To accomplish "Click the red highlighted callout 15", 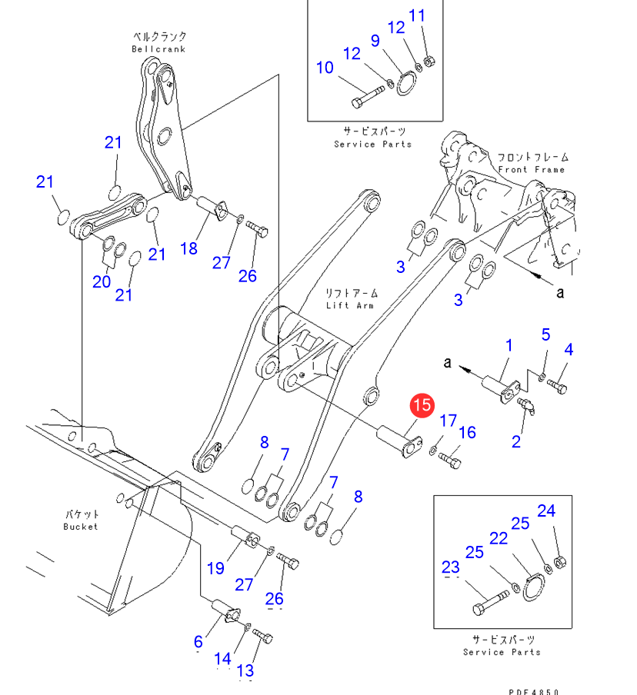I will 422,406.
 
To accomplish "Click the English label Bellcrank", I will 158,49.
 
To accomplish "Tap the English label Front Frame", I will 531,169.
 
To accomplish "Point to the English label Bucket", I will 81,527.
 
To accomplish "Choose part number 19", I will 215,568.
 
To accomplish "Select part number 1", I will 509,346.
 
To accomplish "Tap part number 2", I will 516,441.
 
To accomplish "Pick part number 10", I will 325,68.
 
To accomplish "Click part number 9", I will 375,40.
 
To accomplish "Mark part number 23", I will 450,568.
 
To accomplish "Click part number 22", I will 499,539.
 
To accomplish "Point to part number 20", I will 102,281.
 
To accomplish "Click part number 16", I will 467,433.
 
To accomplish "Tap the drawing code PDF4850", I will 533,691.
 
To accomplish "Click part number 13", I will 245,670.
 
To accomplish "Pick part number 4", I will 569,350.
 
